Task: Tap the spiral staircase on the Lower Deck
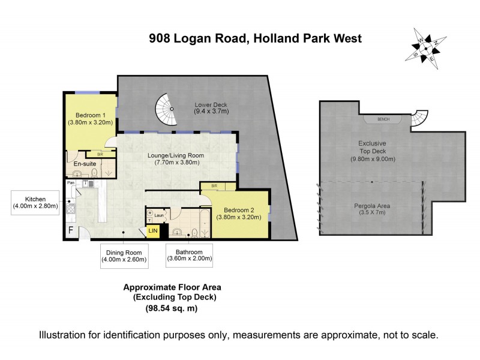(x=170, y=109)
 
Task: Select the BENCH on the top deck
(x=383, y=119)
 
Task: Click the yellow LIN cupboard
(x=153, y=231)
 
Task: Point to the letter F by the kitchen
(x=71, y=230)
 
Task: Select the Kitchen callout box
(x=35, y=202)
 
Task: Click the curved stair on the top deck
(x=421, y=118)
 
